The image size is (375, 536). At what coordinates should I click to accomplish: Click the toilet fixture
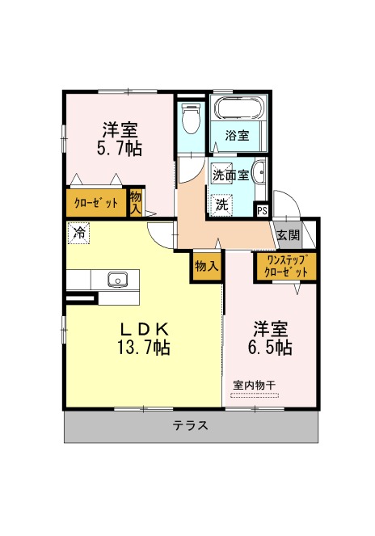191,118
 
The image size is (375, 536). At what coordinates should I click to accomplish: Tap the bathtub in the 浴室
239,108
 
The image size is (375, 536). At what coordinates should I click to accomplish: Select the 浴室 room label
237,136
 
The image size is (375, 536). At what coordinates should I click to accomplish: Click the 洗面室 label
230,175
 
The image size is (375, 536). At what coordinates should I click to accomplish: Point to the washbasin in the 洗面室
259,172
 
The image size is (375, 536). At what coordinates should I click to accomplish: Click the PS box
262,210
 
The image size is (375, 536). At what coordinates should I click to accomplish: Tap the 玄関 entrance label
289,234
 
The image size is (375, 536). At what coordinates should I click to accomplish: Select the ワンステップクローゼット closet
286,268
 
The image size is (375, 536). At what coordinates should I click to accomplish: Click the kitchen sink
118,280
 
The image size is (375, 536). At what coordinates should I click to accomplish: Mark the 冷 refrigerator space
79,233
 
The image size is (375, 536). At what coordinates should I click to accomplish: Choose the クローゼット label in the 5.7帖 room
96,204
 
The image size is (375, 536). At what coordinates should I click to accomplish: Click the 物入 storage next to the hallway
207,266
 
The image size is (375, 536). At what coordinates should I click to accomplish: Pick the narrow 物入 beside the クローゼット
136,202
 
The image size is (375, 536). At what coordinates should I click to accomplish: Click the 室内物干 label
255,386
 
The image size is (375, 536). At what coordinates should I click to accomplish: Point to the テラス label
190,425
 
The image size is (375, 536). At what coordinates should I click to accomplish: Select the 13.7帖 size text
144,348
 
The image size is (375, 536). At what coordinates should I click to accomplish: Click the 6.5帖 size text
270,348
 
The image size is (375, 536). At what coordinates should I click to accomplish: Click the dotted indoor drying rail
255,395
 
